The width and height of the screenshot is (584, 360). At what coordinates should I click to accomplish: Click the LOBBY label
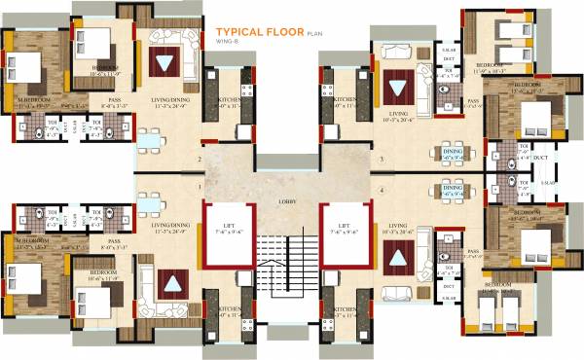click(x=291, y=201)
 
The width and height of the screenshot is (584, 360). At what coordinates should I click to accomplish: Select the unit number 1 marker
click(x=199, y=186)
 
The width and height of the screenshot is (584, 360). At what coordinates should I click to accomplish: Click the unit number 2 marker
click(x=199, y=160)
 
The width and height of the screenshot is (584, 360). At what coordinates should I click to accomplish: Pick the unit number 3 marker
click(x=382, y=160)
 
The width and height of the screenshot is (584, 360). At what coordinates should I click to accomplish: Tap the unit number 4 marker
click(x=382, y=189)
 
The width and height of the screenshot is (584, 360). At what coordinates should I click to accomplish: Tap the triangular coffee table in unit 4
click(x=397, y=257)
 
